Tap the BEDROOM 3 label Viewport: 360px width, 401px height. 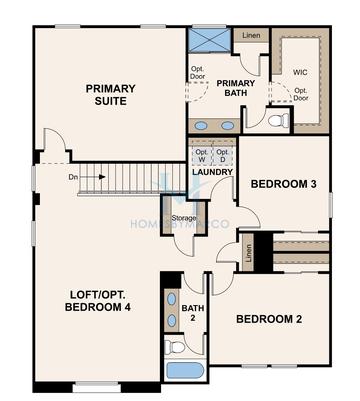pyautogui.click(x=283, y=184)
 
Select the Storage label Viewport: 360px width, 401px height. pyautogui.click(x=183, y=218)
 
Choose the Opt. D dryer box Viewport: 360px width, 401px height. pyautogui.click(x=223, y=155)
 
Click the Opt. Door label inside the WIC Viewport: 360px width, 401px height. pyautogui.click(x=300, y=96)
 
